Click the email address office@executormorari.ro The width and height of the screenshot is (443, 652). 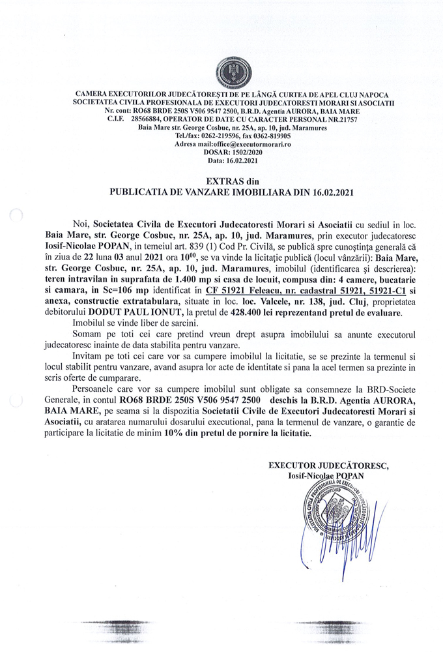pyautogui.click(x=238, y=144)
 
